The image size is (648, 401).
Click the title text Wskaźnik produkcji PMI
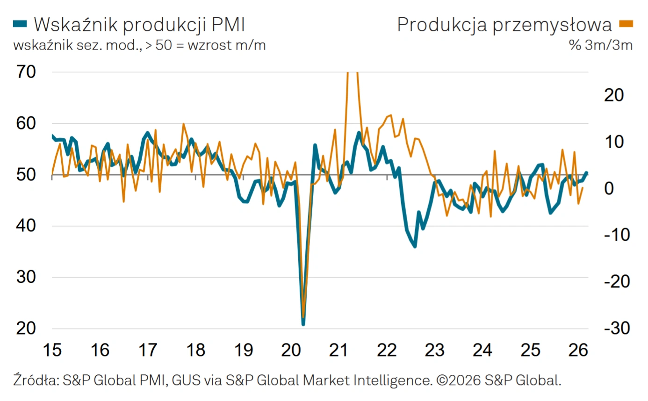coord(139,24)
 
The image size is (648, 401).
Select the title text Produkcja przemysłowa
coord(504,24)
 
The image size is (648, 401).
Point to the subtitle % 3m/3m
coord(600,45)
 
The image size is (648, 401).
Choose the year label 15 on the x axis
coord(52,350)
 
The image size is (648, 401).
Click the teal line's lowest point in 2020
coord(303,323)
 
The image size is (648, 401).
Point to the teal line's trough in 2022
coord(415,246)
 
